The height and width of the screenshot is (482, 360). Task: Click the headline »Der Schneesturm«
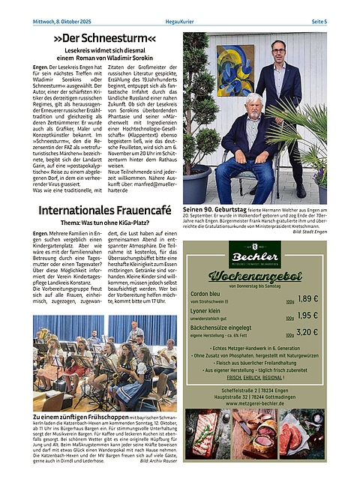104,37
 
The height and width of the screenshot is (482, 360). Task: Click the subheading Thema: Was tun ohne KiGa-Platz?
104,223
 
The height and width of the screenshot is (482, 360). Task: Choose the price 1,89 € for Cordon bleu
308,298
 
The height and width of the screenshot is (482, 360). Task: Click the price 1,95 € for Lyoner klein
308,316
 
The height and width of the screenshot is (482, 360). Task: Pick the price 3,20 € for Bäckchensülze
308,333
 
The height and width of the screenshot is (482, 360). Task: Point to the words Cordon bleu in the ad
205,295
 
